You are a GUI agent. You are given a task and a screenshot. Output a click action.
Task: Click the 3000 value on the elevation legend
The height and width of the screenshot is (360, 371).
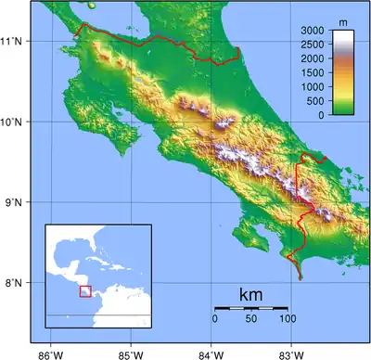tap(313, 31)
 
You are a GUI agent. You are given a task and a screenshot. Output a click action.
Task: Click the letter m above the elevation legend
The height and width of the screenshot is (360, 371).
tap(342, 20)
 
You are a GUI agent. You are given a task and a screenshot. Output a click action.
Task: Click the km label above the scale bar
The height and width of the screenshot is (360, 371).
tap(250, 295)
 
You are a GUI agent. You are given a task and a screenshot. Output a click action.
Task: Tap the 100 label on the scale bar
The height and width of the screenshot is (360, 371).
tap(288, 319)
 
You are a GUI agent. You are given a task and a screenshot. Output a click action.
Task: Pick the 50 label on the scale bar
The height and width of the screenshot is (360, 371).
tap(251, 319)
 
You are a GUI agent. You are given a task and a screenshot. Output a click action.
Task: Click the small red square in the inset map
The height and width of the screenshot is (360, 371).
tap(85, 291)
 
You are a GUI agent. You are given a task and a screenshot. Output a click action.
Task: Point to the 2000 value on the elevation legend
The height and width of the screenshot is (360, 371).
tap(313, 58)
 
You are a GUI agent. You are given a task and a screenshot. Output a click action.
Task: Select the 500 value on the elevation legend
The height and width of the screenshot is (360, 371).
tap(316, 100)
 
